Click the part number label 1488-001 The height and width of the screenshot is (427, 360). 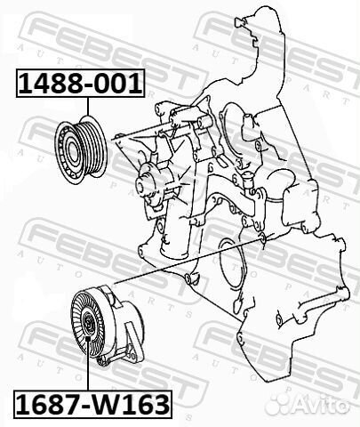[77, 85]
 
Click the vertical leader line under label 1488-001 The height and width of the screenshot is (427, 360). [89, 107]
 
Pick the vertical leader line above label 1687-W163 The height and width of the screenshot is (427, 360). [89, 378]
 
